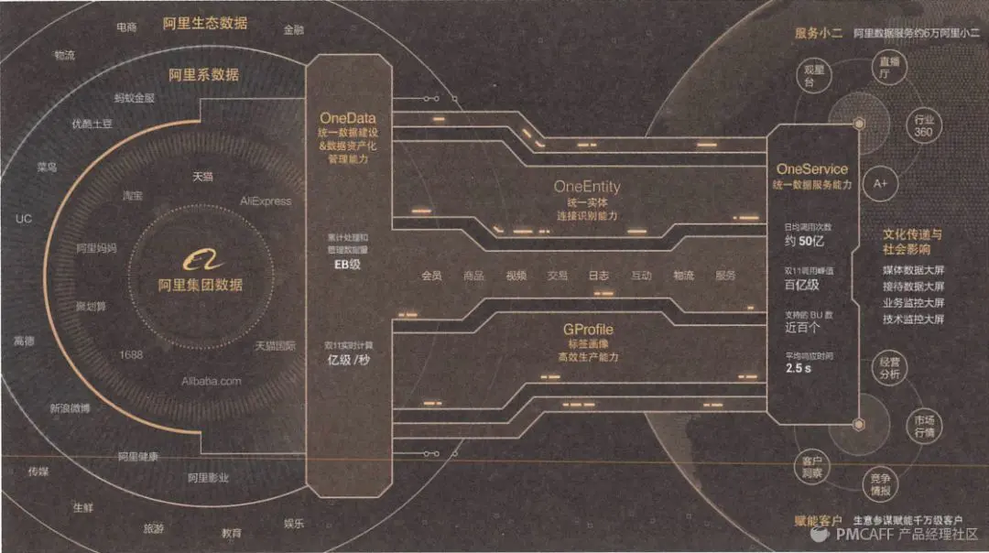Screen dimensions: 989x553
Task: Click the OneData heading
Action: click(347, 118)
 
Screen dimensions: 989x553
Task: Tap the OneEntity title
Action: click(586, 186)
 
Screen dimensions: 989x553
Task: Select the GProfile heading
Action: click(588, 328)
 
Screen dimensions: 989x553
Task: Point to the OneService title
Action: click(811, 169)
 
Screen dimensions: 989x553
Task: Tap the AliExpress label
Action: click(266, 201)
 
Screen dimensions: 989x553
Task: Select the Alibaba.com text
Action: click(211, 381)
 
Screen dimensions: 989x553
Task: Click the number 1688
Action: click(131, 354)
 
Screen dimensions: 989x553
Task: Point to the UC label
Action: click(24, 219)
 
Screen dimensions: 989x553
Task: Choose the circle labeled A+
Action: click(880, 183)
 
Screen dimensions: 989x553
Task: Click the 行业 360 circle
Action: click(923, 126)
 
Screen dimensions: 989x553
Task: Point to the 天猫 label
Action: click(202, 177)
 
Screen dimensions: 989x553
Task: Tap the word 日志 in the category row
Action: click(599, 276)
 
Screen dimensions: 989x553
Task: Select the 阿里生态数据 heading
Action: click(205, 23)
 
